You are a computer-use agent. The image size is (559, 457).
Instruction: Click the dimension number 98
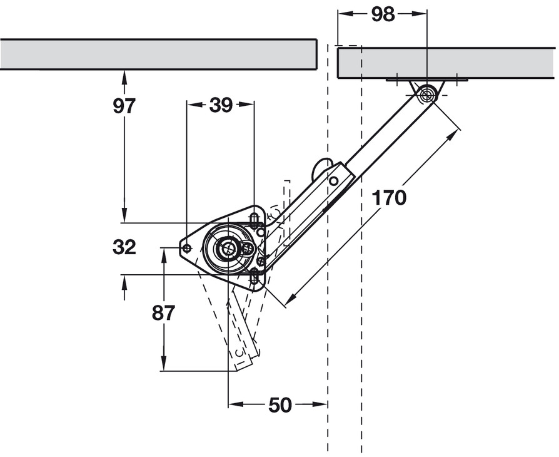(383, 14)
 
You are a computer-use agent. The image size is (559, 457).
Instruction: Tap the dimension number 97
(124, 106)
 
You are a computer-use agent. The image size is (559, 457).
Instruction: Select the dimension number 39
(220, 106)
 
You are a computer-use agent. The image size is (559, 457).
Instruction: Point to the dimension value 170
(388, 198)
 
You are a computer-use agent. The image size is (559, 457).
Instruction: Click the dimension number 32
(124, 247)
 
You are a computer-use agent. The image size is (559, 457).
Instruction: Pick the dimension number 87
(163, 312)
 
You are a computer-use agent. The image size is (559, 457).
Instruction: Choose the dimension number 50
(279, 405)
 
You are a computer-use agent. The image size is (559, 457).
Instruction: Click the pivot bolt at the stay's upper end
(427, 95)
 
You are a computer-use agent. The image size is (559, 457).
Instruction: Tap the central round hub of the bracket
(226, 249)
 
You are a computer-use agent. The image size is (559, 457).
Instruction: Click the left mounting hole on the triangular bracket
(186, 249)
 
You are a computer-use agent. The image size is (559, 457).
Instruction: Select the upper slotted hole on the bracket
(254, 218)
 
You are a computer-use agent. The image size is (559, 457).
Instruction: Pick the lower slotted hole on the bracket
(254, 276)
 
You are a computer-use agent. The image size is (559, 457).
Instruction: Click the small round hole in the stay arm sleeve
(334, 181)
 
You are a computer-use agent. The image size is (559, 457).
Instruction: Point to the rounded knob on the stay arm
(321, 167)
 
